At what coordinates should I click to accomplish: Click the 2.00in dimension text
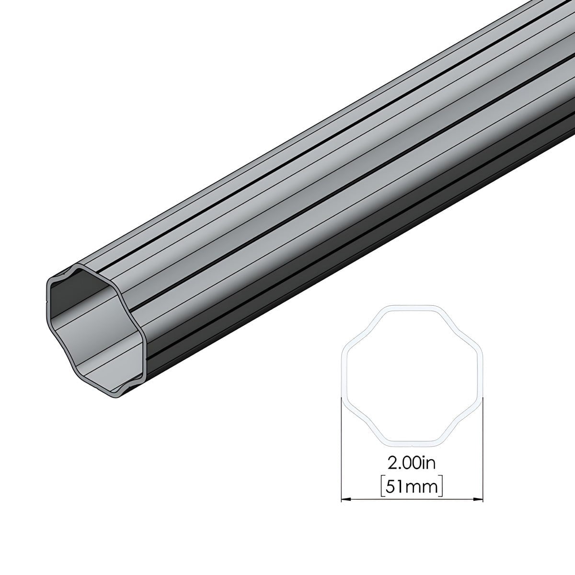click(411, 463)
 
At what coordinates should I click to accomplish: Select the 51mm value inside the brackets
click(412, 487)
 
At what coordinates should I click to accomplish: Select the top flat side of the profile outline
click(412, 307)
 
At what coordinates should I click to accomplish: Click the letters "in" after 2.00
click(429, 463)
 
